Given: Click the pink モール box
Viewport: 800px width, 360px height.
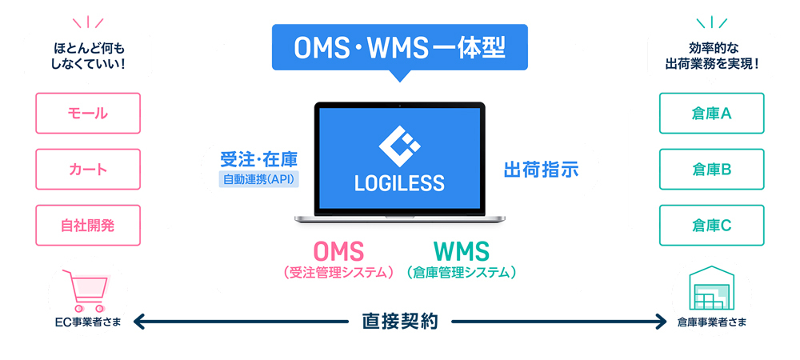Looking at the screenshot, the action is (x=88, y=114).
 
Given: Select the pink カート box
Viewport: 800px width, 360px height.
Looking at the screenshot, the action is (x=88, y=170).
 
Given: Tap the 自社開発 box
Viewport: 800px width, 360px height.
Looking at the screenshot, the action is (x=88, y=226).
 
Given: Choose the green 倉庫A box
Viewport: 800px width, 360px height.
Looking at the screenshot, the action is (x=712, y=114).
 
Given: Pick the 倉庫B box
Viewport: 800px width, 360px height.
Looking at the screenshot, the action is (x=712, y=170).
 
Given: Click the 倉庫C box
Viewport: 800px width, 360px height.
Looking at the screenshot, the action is (x=712, y=226).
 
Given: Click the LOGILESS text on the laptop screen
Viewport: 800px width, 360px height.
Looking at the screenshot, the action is (x=399, y=182).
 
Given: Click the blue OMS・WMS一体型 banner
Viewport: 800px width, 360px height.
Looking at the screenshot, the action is (x=399, y=47).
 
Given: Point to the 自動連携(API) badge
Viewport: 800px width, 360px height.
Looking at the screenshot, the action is (x=258, y=179).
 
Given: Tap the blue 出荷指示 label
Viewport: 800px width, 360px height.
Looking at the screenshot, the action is (x=542, y=170).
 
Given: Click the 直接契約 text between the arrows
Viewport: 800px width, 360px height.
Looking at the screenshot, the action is (x=399, y=322).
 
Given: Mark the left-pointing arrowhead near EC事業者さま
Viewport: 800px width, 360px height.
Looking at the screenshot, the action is (x=140, y=322).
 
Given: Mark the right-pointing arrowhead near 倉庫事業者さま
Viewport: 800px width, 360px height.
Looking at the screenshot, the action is (x=660, y=322).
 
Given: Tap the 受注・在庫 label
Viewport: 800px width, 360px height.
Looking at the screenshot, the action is (x=258, y=159).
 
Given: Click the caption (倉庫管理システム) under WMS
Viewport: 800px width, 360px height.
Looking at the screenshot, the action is (x=462, y=272).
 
